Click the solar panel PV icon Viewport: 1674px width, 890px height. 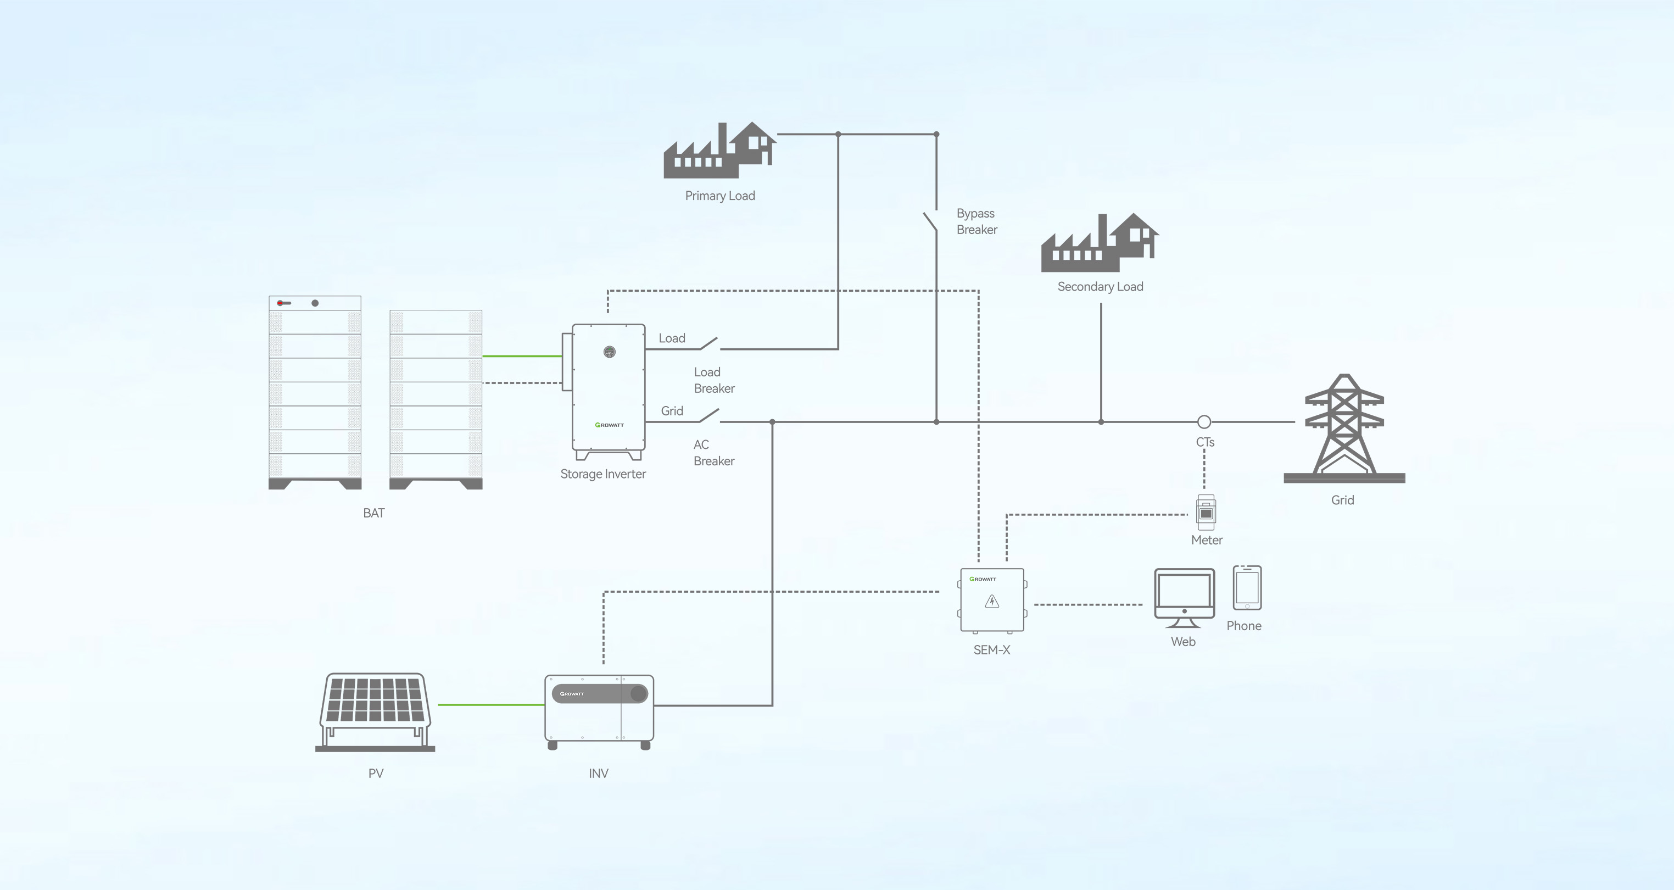tap(375, 710)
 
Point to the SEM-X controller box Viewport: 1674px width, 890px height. tap(992, 599)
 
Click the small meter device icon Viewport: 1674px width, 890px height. tap(1206, 512)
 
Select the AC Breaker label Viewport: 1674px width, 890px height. tap(713, 453)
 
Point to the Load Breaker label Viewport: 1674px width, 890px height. tap(713, 380)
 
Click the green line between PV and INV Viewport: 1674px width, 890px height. tap(490, 704)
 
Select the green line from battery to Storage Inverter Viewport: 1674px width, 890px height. tap(522, 355)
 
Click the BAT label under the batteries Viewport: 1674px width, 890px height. tap(373, 513)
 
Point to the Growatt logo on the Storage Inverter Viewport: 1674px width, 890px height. tap(609, 425)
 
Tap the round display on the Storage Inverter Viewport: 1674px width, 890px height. tap(609, 352)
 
